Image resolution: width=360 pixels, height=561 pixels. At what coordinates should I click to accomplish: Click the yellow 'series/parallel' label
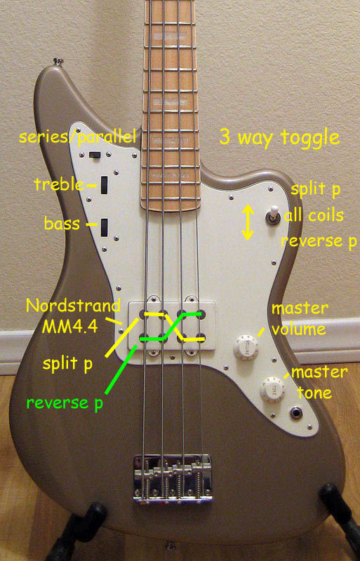pyautogui.click(x=78, y=137)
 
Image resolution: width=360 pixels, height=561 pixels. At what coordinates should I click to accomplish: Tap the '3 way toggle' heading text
pyautogui.click(x=279, y=137)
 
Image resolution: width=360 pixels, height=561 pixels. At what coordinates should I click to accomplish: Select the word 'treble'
pyautogui.click(x=59, y=184)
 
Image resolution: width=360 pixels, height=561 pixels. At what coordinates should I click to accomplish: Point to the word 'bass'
pyautogui.click(x=62, y=223)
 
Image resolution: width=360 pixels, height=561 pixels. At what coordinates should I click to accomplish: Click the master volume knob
pyautogui.click(x=246, y=346)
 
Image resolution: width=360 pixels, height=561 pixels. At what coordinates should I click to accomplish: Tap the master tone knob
pyautogui.click(x=272, y=389)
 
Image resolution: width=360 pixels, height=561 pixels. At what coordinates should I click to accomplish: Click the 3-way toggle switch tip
pyautogui.click(x=274, y=210)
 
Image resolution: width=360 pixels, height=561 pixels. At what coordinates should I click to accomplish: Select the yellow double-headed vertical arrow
pyautogui.click(x=248, y=222)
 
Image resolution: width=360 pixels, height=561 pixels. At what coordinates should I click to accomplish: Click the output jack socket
pyautogui.click(x=297, y=414)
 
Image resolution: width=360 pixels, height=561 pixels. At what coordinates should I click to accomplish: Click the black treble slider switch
pyautogui.click(x=105, y=185)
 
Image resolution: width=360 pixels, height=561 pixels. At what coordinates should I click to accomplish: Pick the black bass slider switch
pyautogui.click(x=105, y=227)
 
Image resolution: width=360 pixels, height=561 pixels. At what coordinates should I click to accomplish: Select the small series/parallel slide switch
pyautogui.click(x=95, y=154)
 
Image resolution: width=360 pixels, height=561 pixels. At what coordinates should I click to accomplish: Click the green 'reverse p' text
pyautogui.click(x=65, y=403)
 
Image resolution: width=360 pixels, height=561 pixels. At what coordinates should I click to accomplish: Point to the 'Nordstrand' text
pyautogui.click(x=74, y=306)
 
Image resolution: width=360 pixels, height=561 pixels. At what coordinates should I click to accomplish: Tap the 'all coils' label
pyautogui.click(x=314, y=215)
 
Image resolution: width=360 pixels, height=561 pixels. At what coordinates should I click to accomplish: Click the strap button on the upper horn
pyautogui.click(x=57, y=62)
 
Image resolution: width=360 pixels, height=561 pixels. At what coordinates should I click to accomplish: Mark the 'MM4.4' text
pyautogui.click(x=70, y=326)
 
